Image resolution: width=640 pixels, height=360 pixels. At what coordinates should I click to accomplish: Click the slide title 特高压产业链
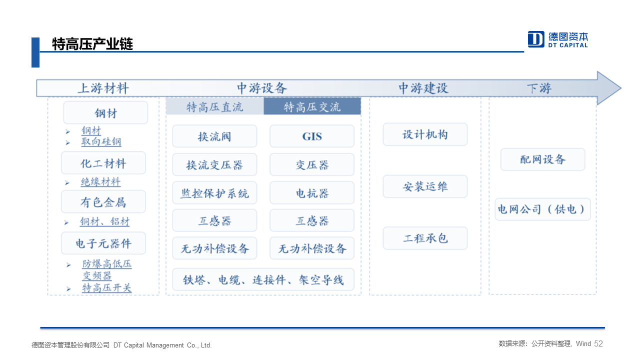(x=92, y=44)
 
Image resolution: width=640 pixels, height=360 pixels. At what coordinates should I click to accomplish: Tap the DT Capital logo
(x=557, y=39)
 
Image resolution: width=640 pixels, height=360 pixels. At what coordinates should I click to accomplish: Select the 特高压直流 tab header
(x=214, y=107)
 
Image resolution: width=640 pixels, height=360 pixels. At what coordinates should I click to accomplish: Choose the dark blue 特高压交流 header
(x=312, y=106)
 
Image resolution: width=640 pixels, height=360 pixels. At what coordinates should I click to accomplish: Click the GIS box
(x=312, y=136)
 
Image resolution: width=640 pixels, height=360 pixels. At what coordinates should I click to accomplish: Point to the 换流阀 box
(x=214, y=136)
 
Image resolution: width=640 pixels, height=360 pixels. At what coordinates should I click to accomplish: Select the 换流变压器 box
(x=214, y=164)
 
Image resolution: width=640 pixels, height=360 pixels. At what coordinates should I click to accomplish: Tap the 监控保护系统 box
(x=214, y=193)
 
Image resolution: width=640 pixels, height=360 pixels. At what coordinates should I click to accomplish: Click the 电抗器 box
(x=312, y=193)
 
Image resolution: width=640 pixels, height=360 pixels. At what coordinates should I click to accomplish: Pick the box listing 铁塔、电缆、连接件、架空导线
(x=263, y=279)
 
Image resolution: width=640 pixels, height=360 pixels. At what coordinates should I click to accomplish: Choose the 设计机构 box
(x=425, y=134)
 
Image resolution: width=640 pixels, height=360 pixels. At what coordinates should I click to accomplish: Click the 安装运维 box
(x=425, y=186)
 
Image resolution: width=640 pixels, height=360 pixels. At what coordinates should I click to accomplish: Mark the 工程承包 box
(x=425, y=238)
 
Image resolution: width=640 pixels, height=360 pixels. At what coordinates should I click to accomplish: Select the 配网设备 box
(x=542, y=159)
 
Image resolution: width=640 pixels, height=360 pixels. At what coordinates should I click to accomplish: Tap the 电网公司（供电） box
(x=542, y=209)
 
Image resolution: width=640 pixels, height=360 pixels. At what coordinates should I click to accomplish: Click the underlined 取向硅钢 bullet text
(x=101, y=141)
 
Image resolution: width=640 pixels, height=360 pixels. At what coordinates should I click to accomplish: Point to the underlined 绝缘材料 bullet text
(x=100, y=182)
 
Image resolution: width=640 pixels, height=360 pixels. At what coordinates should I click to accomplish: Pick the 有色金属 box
(x=103, y=201)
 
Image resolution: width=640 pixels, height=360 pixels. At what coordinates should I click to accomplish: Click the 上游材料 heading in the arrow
(x=103, y=88)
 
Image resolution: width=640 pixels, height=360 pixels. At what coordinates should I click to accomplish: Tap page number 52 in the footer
(x=598, y=343)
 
